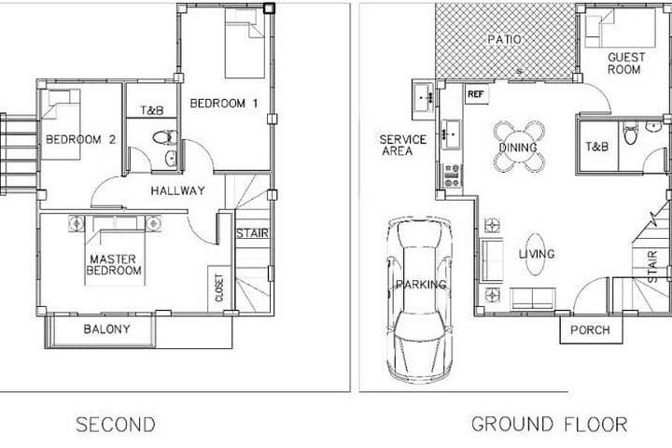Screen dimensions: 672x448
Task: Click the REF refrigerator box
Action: click(x=477, y=94)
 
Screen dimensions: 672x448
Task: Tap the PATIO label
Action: click(x=504, y=39)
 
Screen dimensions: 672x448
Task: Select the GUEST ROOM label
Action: click(x=625, y=63)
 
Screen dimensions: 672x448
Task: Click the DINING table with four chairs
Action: click(x=519, y=147)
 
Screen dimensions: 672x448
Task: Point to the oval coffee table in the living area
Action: click(x=536, y=254)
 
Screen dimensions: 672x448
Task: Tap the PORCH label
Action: click(x=590, y=330)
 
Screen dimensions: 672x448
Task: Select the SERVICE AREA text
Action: click(x=402, y=145)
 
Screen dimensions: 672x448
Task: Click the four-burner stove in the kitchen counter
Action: click(x=452, y=175)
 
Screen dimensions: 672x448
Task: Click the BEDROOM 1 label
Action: click(x=224, y=104)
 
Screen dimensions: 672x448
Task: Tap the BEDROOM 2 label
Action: click(x=80, y=139)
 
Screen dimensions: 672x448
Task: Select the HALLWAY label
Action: click(x=177, y=190)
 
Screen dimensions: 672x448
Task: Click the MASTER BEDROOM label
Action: click(x=114, y=264)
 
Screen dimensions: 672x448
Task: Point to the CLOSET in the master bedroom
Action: click(x=219, y=288)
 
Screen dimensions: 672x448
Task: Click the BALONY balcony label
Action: click(x=106, y=329)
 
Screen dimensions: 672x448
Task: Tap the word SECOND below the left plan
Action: click(x=116, y=425)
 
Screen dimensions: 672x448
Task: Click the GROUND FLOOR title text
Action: click(x=549, y=425)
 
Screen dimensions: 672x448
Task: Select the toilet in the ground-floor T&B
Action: click(x=630, y=133)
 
